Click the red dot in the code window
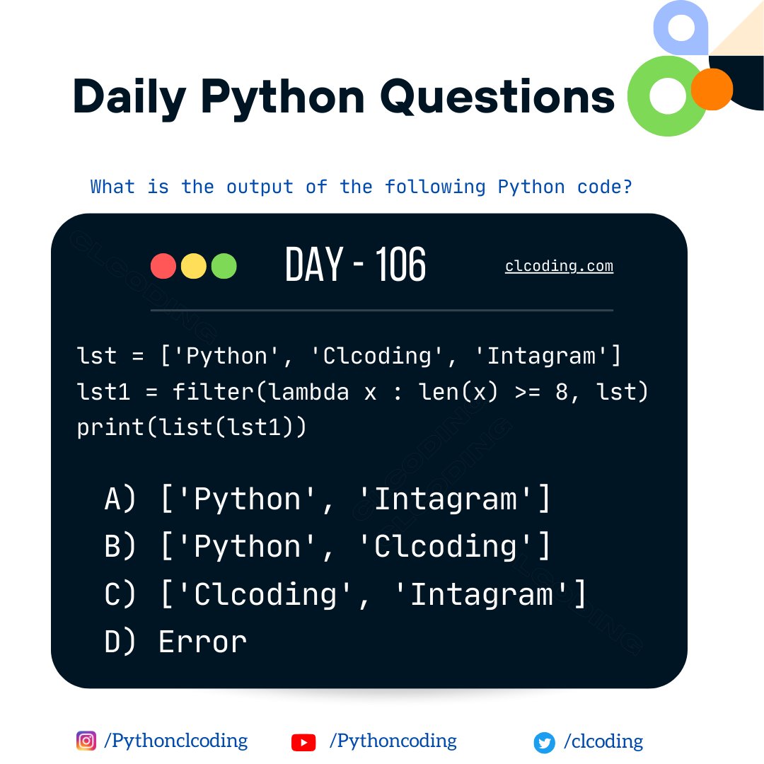(x=163, y=266)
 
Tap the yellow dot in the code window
(x=194, y=266)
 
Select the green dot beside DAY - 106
(x=224, y=266)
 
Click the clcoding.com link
(x=559, y=267)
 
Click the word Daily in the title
(x=129, y=97)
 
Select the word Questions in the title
(x=497, y=97)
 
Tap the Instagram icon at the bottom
(x=86, y=741)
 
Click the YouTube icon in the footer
(x=303, y=742)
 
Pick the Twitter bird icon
(x=544, y=742)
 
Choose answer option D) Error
(x=175, y=642)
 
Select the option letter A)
(x=120, y=499)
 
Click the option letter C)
(x=120, y=594)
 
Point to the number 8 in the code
(x=562, y=392)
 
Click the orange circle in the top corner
(x=711, y=89)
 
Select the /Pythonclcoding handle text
(x=175, y=741)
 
